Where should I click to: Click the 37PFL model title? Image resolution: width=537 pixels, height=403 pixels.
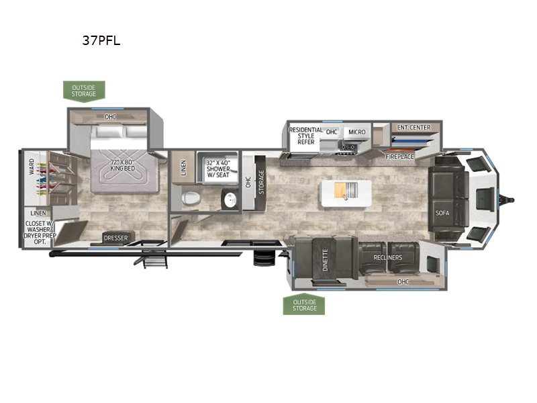pos(101,40)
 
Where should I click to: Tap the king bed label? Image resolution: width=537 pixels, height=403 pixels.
pos(123,165)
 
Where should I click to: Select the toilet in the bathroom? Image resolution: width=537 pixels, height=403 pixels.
pos(190,198)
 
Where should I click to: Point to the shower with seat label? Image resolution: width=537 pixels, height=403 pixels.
pos(218,169)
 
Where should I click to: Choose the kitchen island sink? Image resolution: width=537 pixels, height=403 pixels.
pos(346,190)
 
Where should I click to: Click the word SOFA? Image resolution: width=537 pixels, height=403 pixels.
pos(442,213)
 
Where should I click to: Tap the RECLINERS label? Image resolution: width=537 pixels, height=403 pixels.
pos(388,257)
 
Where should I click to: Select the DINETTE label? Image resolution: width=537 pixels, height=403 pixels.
pos(325,259)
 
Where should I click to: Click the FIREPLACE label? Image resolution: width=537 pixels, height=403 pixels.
pos(399,156)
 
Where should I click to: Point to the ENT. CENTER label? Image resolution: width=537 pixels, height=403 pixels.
pos(413,128)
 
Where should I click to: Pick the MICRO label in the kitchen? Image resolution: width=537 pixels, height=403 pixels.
pos(357,132)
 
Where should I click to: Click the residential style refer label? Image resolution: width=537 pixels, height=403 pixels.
pos(306,136)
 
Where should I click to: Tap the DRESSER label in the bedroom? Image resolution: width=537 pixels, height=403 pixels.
pos(115,238)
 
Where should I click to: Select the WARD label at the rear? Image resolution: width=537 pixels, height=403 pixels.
pos(32,167)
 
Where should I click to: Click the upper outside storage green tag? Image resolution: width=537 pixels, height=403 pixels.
pos(84,91)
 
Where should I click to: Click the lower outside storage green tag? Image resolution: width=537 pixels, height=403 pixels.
pos(304,304)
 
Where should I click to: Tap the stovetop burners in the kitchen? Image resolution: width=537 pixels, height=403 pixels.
pos(348,147)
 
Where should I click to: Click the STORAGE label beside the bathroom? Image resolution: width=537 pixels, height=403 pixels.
pos(261,182)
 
